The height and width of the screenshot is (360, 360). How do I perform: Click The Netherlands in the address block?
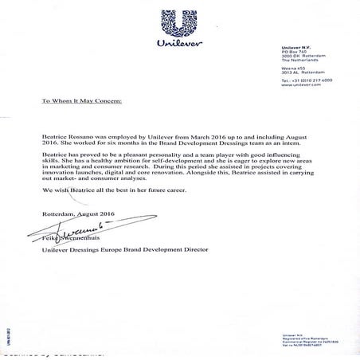pos(299,62)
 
